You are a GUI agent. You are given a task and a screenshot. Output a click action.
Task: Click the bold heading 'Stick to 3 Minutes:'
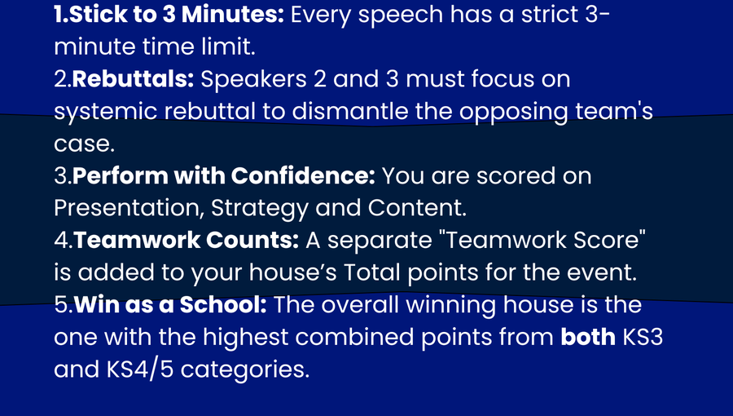(x=176, y=15)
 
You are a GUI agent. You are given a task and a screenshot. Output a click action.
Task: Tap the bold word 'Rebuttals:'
(x=134, y=79)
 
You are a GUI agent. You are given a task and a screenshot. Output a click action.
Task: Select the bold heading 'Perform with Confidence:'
(x=224, y=176)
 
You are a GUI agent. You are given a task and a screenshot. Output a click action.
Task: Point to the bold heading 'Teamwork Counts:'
(x=186, y=240)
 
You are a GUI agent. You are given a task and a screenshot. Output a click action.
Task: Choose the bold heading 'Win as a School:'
(x=170, y=304)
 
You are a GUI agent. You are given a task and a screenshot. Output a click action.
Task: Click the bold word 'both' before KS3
(x=587, y=337)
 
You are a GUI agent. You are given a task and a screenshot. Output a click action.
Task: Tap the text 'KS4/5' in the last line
(x=140, y=370)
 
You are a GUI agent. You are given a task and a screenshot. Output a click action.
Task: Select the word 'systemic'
(x=105, y=113)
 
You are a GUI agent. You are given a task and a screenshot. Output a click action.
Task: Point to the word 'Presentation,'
(x=129, y=208)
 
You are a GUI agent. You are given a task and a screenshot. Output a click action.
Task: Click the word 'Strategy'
(x=260, y=209)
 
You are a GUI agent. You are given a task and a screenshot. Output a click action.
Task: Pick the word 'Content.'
(x=417, y=208)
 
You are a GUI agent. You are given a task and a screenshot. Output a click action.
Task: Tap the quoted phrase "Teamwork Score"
(x=546, y=240)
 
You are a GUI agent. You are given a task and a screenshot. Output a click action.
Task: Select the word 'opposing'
(x=513, y=113)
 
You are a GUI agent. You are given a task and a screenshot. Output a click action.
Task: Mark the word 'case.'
(x=84, y=144)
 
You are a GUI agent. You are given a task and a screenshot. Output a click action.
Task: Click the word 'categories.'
(x=245, y=370)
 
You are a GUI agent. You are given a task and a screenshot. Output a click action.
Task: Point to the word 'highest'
(x=246, y=338)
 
